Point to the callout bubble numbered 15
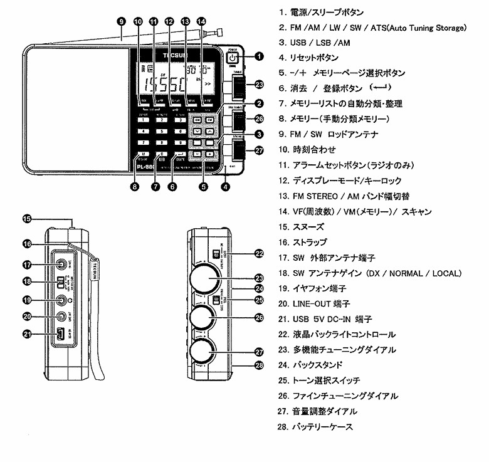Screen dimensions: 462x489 27,219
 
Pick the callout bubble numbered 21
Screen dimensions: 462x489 27,334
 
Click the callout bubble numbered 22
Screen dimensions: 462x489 259,253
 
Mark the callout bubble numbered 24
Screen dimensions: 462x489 259,289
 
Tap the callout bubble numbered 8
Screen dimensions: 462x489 135,186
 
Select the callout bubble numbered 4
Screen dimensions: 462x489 225,186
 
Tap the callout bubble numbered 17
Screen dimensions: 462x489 27,265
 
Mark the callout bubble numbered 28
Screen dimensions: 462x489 259,365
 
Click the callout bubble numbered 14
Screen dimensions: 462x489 201,21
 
